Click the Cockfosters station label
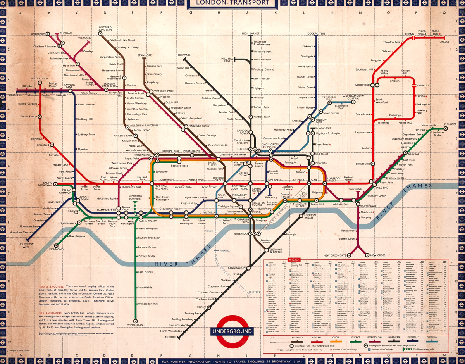coord(316,34)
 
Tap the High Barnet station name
coord(251,34)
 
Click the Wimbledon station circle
coord(136,321)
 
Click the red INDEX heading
coord(293,259)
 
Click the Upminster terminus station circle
coord(446,129)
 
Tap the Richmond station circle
coord(57,245)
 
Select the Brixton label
coord(254,292)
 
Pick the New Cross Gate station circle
coord(348,255)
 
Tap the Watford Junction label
coord(105,28)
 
